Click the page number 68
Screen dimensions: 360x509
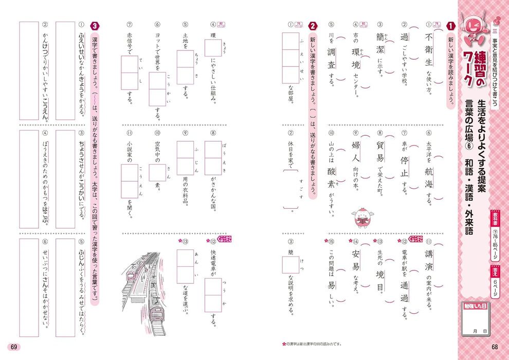coord(495,346)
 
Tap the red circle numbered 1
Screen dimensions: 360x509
coord(450,26)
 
